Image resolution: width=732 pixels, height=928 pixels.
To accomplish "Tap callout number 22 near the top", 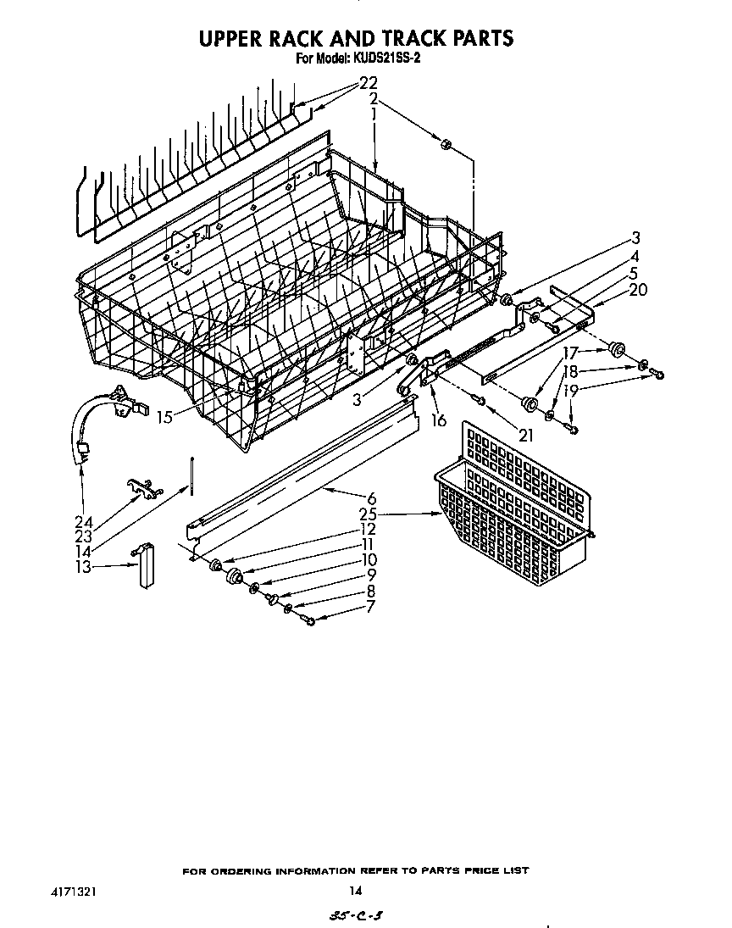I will click(367, 83).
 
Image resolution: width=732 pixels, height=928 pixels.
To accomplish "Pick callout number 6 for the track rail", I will click(371, 499).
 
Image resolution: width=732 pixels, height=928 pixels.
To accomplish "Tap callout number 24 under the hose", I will click(84, 521).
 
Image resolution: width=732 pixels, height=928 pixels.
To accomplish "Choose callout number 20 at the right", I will click(638, 289).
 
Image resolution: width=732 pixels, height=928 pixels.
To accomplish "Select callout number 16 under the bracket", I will click(439, 420).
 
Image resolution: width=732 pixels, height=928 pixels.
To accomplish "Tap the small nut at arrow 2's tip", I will click(446, 145).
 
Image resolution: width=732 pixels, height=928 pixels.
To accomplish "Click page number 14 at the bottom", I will click(356, 890).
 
